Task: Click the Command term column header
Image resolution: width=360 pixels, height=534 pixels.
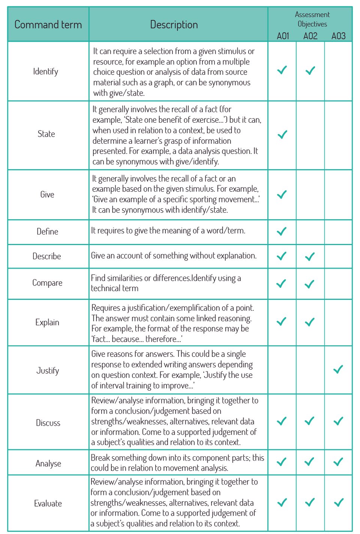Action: tap(48, 25)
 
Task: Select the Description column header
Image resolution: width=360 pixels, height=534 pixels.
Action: tap(174, 25)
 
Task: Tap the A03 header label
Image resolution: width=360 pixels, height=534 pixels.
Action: tap(338, 36)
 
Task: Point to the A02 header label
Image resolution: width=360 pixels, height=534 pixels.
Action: tap(310, 36)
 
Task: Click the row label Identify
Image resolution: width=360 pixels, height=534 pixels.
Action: tap(46, 71)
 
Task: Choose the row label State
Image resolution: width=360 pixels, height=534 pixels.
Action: tap(46, 134)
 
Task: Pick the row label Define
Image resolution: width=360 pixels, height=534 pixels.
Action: tap(47, 232)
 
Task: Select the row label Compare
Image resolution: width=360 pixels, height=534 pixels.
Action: tap(47, 283)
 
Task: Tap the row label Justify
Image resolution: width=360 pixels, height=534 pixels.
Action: tap(48, 370)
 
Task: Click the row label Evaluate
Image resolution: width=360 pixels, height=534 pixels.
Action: tap(48, 504)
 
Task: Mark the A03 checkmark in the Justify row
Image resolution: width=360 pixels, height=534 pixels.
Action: tap(338, 369)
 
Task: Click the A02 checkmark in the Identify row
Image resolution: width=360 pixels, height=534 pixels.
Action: tap(310, 71)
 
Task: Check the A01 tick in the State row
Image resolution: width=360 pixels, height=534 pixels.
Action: tap(282, 134)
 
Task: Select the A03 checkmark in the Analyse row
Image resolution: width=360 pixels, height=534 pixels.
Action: tap(338, 462)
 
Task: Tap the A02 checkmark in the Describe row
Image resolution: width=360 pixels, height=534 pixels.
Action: tap(310, 257)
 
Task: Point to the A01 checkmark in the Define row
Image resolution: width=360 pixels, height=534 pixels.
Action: tap(282, 231)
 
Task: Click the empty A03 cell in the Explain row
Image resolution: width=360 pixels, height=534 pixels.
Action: tap(338, 322)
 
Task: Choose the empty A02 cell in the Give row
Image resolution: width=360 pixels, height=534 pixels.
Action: tap(310, 194)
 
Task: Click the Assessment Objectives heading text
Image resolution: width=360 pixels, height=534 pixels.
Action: tap(312, 19)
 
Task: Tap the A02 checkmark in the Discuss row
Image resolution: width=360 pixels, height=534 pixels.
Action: tap(310, 421)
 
